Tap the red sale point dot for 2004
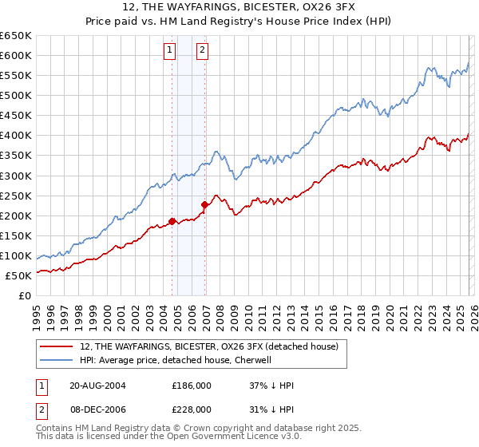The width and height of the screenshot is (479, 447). [x=172, y=221]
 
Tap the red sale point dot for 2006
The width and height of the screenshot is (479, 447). [x=204, y=204]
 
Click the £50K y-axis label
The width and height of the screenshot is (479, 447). [x=18, y=276]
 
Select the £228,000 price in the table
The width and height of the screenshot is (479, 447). [x=192, y=409]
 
